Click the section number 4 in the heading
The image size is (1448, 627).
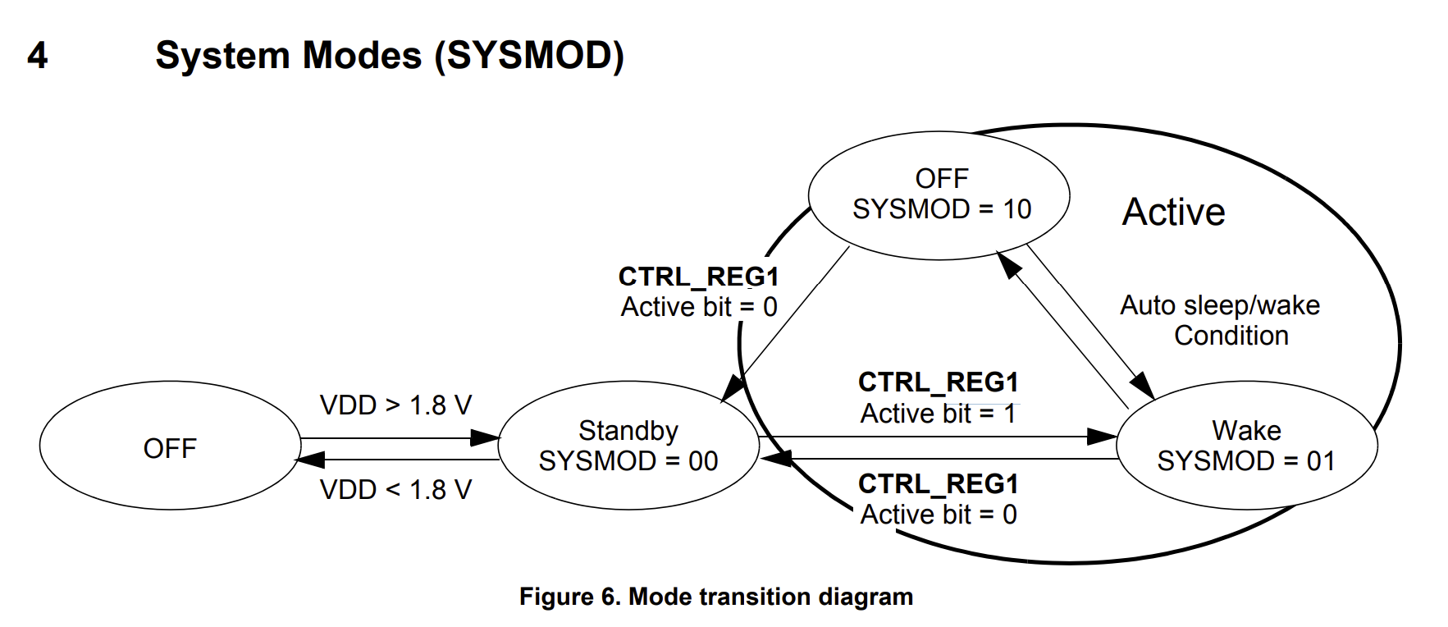pyautogui.click(x=37, y=56)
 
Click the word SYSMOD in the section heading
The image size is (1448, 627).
pyautogui.click(x=528, y=56)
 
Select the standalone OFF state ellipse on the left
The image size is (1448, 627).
pyautogui.click(x=170, y=447)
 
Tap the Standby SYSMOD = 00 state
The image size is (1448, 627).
pyautogui.click(x=628, y=446)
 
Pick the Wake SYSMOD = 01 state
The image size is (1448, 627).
pyautogui.click(x=1246, y=446)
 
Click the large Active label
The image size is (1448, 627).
pyautogui.click(x=1173, y=212)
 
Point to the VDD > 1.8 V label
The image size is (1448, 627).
pyautogui.click(x=395, y=405)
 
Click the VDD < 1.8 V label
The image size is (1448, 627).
pyautogui.click(x=395, y=490)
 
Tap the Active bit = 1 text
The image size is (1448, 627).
pyautogui.click(x=938, y=414)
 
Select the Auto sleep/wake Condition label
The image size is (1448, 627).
pyautogui.click(x=1221, y=320)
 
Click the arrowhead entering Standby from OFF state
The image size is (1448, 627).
pyautogui.click(x=485, y=438)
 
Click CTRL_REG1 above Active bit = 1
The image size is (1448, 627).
pyautogui.click(x=938, y=382)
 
